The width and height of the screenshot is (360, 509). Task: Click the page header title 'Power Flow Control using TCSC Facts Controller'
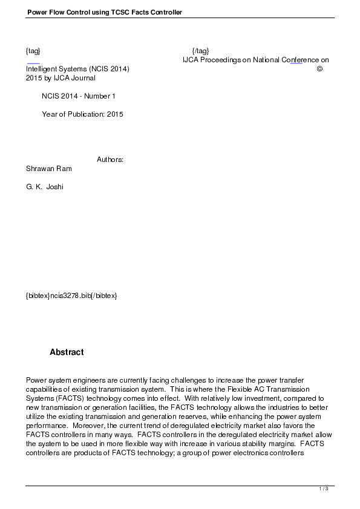point(105,12)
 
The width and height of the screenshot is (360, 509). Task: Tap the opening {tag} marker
point(33,51)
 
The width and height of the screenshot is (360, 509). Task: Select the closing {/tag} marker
point(200,51)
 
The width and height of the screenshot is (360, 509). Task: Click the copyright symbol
point(320,69)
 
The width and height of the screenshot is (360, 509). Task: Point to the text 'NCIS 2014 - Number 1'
point(79,96)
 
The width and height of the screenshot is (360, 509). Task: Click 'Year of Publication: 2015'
point(82,114)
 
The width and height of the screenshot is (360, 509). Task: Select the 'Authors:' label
point(110,160)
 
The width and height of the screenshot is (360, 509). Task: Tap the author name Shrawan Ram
point(49,169)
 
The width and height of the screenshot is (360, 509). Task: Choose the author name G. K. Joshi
point(45,187)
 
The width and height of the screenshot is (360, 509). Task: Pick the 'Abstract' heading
point(67,352)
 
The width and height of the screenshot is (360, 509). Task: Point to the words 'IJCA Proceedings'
point(211,60)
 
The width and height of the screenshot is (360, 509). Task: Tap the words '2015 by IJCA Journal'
point(61,78)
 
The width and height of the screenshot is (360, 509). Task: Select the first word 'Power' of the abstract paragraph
point(36,380)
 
